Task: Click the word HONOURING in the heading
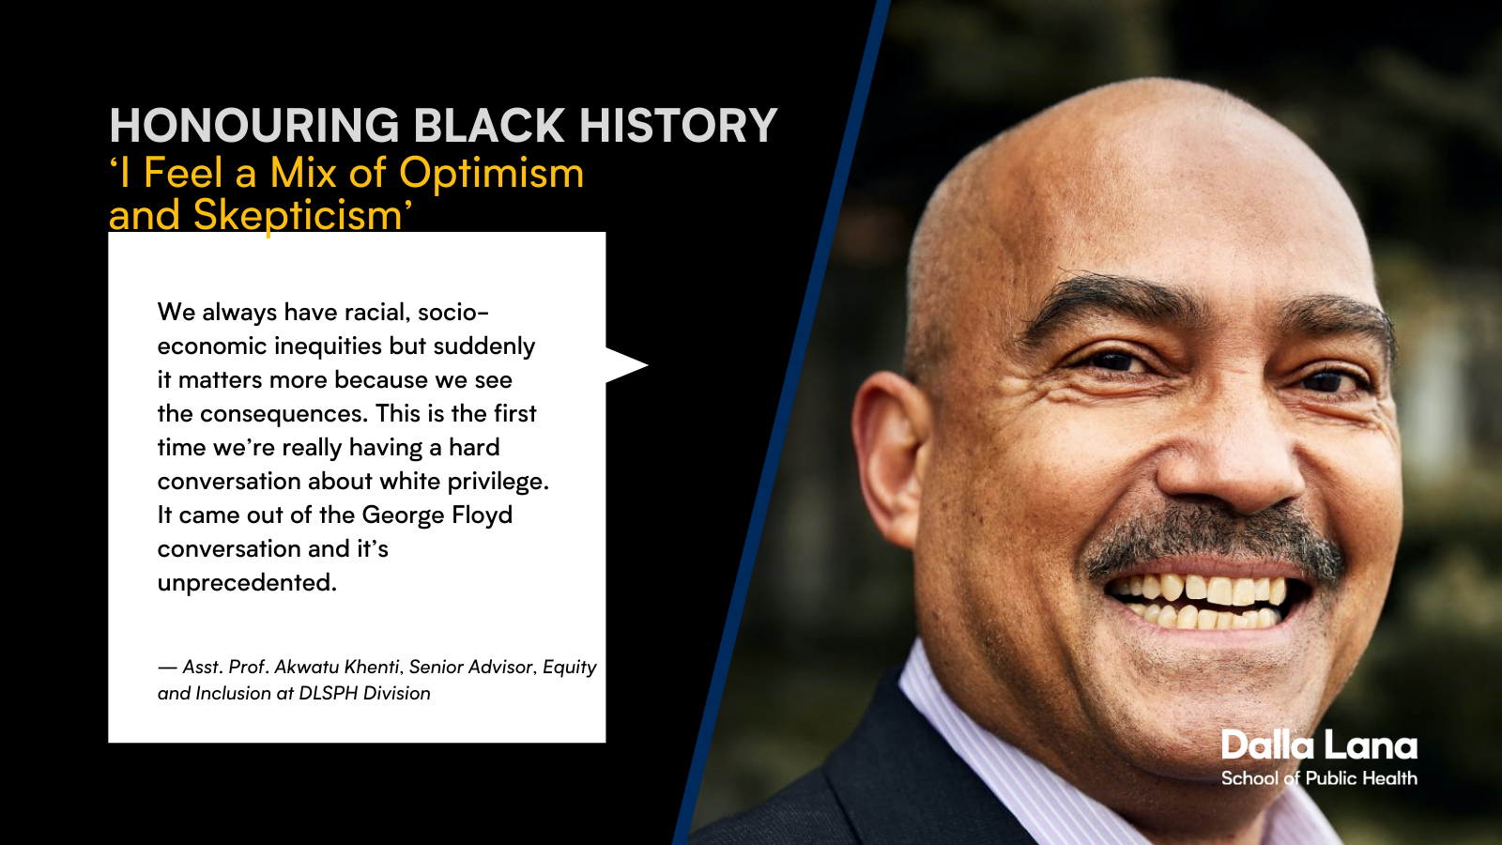click(254, 126)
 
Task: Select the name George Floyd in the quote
click(437, 515)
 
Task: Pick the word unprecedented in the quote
click(248, 583)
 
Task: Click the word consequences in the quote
click(284, 414)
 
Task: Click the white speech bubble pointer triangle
click(625, 365)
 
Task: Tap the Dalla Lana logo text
click(1319, 745)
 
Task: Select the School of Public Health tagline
click(1319, 778)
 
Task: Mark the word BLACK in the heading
click(489, 126)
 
